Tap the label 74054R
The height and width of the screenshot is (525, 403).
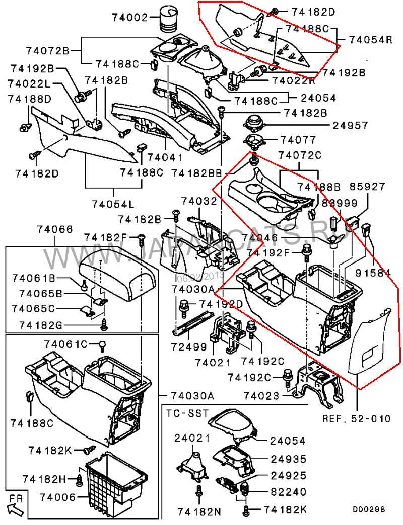tap(370, 40)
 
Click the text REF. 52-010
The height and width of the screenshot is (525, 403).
tap(357, 418)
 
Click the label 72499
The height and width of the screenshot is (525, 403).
tap(189, 347)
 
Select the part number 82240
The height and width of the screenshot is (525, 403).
tap(288, 491)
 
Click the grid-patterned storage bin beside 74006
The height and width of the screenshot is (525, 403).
tap(115, 482)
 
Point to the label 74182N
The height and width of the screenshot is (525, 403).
tap(199, 512)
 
